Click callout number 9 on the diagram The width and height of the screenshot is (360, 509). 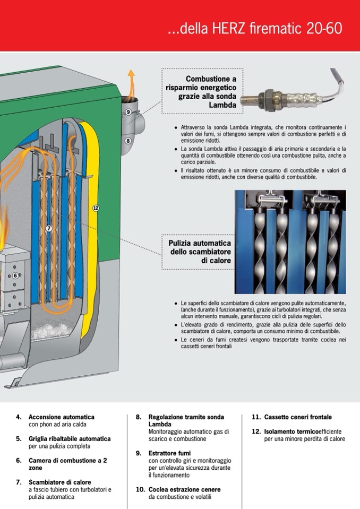128,112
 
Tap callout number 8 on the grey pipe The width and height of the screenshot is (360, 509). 128,141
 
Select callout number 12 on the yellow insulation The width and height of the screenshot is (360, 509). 96,208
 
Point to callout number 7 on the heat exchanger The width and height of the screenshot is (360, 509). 49,229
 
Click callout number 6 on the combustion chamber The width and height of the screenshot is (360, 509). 15,275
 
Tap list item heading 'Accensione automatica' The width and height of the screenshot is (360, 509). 61,417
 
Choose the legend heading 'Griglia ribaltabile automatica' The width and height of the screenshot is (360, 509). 70,439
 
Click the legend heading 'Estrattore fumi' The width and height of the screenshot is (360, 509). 169,453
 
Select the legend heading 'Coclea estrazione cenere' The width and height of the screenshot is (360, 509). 184,489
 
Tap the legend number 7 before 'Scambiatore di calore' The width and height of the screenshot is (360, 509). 19,482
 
